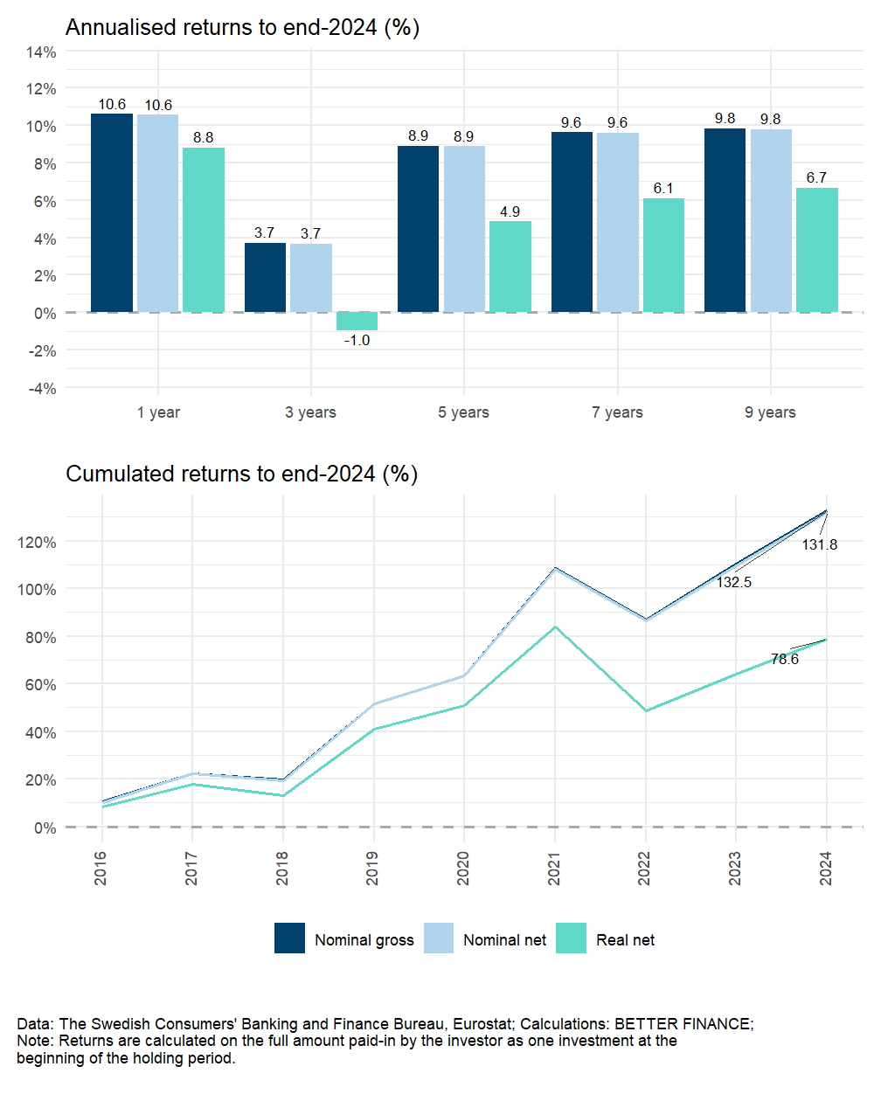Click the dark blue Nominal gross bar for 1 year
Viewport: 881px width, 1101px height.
click(x=112, y=213)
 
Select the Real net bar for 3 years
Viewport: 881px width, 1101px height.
click(x=357, y=322)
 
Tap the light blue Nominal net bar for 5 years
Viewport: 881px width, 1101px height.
click(x=464, y=229)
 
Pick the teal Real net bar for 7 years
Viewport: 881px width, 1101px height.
click(x=663, y=255)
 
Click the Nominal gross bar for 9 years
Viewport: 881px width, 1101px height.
click(x=725, y=220)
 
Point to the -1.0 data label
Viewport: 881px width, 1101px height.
click(x=357, y=341)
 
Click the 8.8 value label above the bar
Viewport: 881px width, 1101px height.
click(x=203, y=137)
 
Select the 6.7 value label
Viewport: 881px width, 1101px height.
click(x=816, y=177)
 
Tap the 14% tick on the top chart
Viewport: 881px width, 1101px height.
click(x=41, y=52)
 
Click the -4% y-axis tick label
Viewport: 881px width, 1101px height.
click(x=42, y=388)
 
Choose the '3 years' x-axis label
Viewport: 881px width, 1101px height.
click(x=310, y=412)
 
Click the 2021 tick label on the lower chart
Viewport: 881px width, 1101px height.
click(x=554, y=869)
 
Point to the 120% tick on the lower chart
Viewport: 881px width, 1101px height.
click(x=37, y=542)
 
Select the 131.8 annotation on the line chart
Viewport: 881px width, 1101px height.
click(x=819, y=544)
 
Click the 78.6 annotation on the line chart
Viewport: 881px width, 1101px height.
click(x=784, y=660)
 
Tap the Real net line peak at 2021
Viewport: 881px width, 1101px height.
click(x=555, y=627)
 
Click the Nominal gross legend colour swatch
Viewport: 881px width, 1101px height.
click(x=289, y=938)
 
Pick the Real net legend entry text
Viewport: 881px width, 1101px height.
click(x=625, y=940)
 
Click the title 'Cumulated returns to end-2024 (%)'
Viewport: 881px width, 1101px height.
click(x=241, y=474)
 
